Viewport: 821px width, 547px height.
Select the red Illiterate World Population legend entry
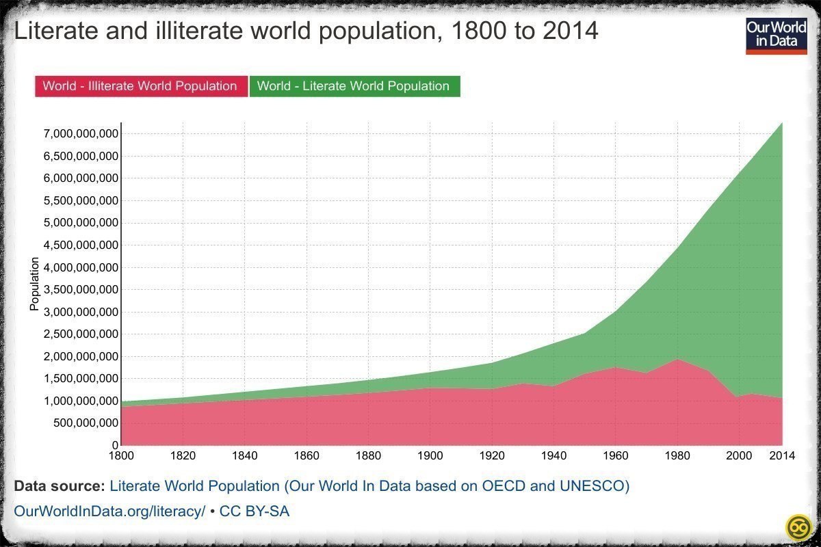140,86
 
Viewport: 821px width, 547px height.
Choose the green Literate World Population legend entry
354,86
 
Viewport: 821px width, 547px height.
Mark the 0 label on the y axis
114,445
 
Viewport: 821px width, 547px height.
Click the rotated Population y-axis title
34,284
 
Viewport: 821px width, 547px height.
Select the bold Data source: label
59,487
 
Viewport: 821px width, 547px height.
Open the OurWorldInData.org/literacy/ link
109,511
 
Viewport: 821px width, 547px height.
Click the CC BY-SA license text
255,511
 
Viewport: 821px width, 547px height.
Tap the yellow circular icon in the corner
798,527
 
